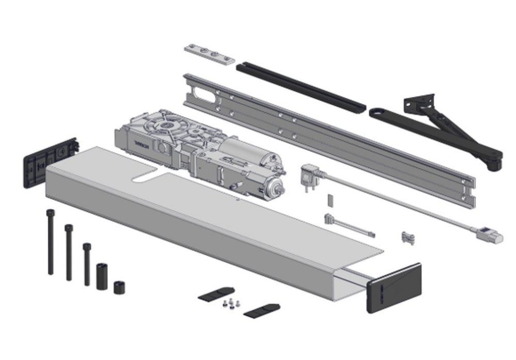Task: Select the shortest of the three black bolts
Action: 87,264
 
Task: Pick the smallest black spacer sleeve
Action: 120,287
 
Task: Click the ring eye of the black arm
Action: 377,112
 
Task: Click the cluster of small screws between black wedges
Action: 231,303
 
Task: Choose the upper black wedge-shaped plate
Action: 216,294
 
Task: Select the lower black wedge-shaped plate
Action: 261,310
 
